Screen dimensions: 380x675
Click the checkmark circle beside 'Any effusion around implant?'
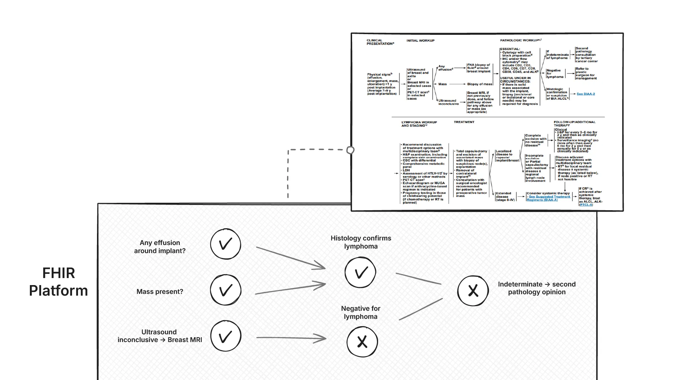(x=226, y=244)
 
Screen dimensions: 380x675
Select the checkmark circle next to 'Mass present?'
(x=226, y=290)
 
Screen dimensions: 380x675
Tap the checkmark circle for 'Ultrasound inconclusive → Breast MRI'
(x=226, y=336)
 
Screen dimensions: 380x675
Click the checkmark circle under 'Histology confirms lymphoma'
(x=360, y=272)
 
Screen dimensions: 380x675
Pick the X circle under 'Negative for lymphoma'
(x=362, y=342)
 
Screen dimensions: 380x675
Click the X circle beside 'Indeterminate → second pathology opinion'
(x=473, y=291)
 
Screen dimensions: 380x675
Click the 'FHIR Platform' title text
(x=58, y=282)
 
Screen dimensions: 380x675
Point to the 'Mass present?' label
(x=160, y=292)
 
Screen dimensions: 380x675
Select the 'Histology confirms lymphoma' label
(x=361, y=242)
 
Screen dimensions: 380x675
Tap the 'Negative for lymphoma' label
(x=361, y=313)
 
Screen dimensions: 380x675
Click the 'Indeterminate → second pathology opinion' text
(x=537, y=288)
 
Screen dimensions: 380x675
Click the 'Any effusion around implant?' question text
(x=160, y=247)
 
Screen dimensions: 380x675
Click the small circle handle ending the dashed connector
(x=350, y=150)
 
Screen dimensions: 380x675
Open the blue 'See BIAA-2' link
(x=586, y=94)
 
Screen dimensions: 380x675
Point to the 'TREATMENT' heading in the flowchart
(x=464, y=122)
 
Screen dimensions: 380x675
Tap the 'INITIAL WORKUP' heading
(x=420, y=41)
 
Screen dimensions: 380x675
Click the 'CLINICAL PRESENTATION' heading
(x=380, y=42)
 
